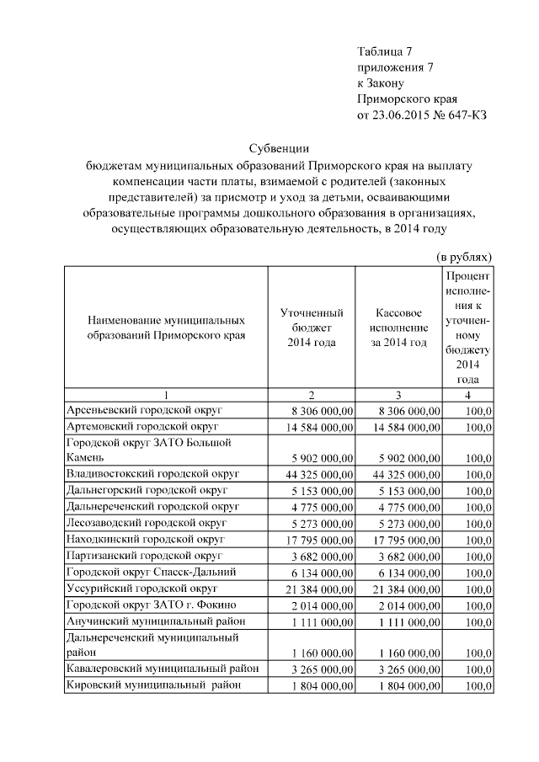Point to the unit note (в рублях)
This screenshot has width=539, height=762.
[x=463, y=255]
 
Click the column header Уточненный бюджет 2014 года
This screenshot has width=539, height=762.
[x=311, y=328]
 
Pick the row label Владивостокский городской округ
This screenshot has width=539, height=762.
[x=152, y=474]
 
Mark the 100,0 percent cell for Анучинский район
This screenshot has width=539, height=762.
[x=478, y=621]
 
